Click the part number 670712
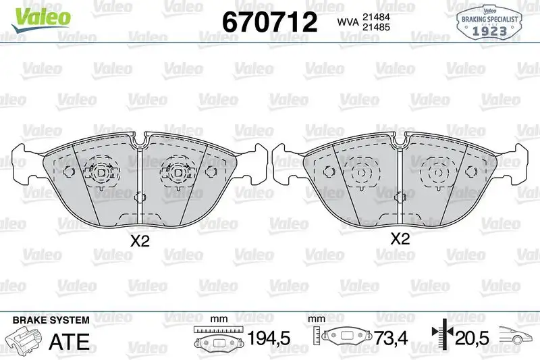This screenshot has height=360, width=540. point(269,22)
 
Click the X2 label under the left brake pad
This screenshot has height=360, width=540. point(139,241)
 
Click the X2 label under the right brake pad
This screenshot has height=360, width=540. point(400,238)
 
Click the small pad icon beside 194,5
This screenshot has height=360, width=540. point(217,342)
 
